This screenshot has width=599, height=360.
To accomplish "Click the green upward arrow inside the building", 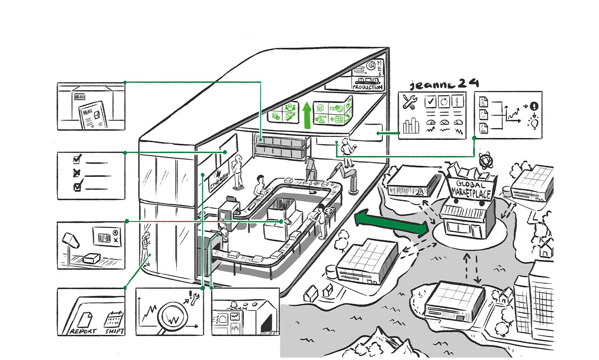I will (x=307, y=115).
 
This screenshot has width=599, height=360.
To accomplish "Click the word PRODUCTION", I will (x=367, y=87).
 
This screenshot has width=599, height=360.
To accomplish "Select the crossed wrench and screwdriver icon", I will (x=410, y=103).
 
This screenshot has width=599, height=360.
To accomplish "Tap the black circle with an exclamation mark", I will (x=533, y=106).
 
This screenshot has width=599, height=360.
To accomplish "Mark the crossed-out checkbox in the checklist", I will (x=77, y=173).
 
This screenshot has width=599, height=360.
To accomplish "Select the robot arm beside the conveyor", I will (x=346, y=178).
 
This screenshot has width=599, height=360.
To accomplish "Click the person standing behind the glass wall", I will (x=146, y=244).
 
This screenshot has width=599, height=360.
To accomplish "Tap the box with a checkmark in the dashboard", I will (x=431, y=101).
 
